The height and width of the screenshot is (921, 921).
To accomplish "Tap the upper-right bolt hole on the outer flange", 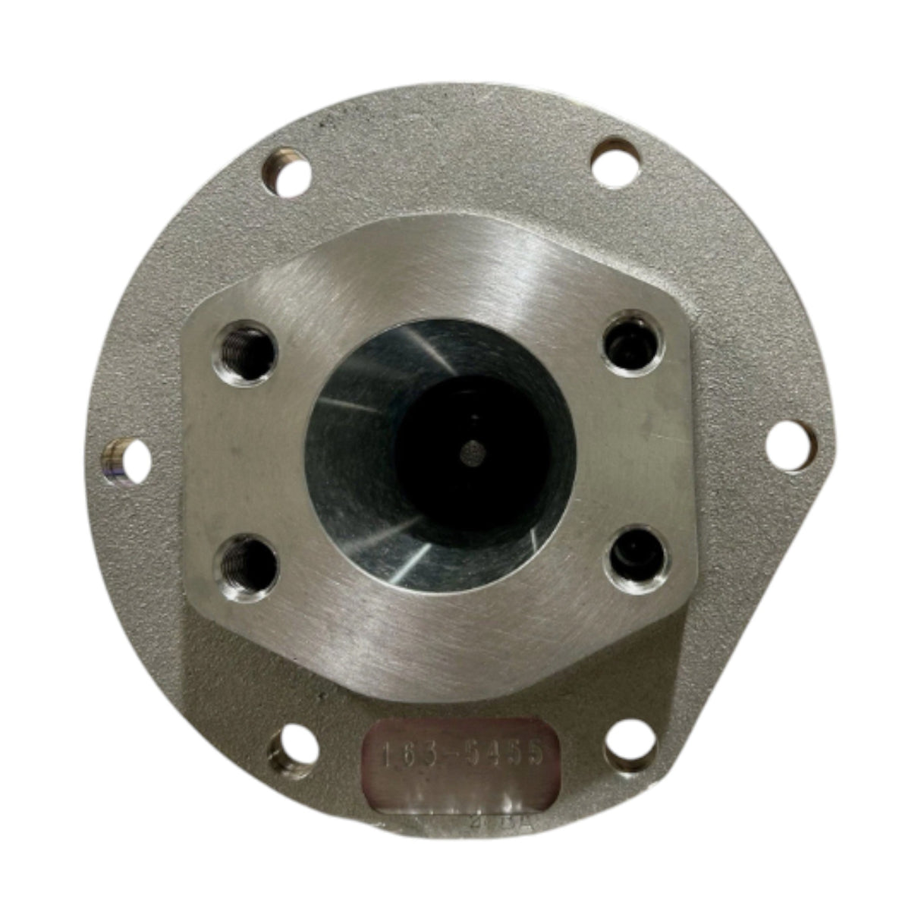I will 615,162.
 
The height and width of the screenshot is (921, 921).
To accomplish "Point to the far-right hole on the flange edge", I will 789,446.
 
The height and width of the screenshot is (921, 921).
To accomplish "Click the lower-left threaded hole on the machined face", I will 246,560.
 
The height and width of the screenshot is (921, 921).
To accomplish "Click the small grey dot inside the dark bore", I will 471,454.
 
